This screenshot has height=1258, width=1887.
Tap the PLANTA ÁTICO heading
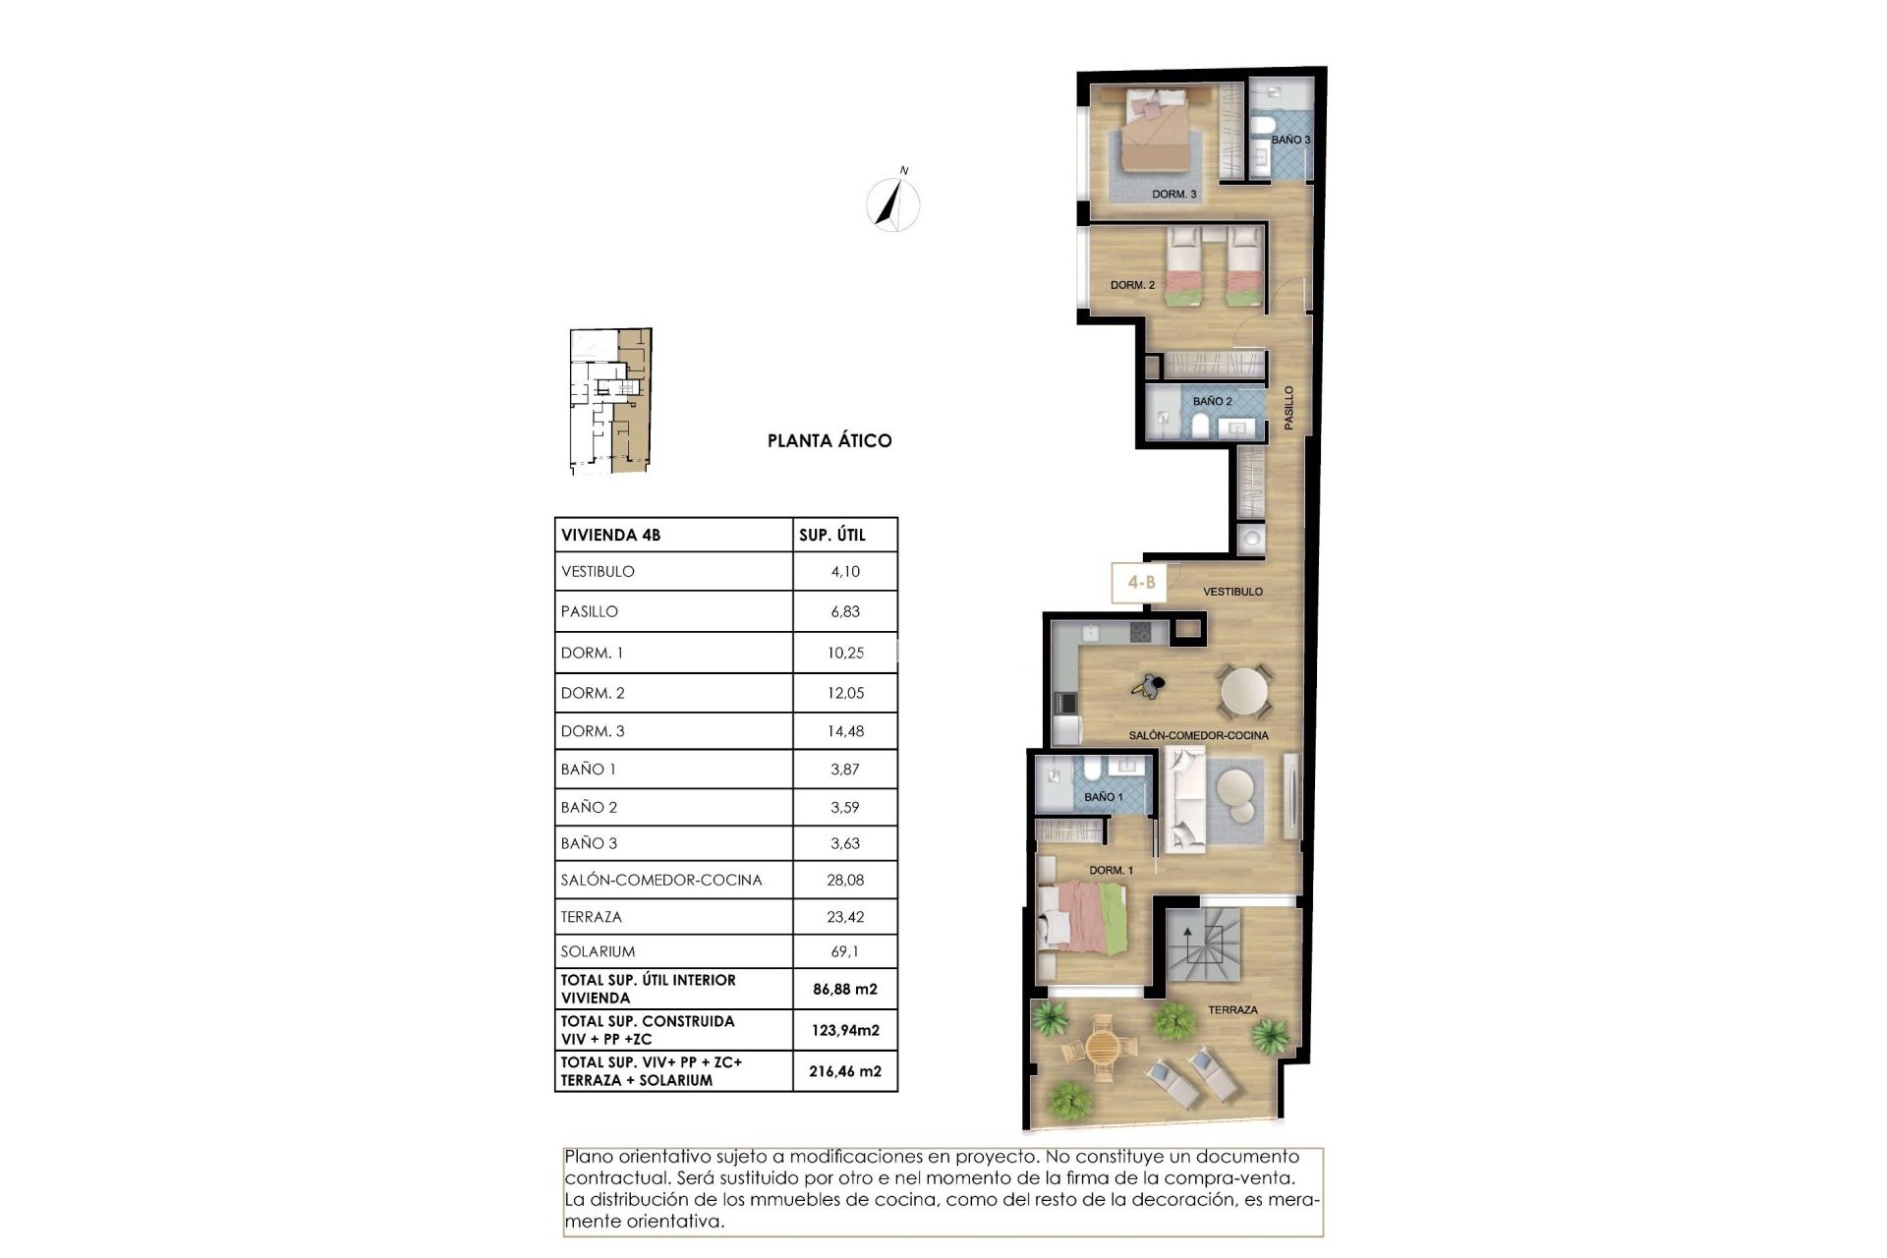coord(829,441)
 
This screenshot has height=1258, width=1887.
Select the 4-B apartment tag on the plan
coord(1140,582)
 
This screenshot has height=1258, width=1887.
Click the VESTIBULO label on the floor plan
coord(1232,592)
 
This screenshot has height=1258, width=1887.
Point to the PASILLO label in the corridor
coord(1289,407)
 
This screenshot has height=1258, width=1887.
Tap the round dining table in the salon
coord(1245,690)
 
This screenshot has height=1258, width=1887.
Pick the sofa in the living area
coord(1183,798)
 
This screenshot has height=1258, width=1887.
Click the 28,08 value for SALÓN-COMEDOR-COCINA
coord(845,880)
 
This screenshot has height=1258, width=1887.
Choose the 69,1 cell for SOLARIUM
coord(845,951)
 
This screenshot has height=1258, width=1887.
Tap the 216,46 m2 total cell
coord(845,1071)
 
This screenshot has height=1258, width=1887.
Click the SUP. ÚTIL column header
coord(832,536)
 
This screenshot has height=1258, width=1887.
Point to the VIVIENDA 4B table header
coord(610,536)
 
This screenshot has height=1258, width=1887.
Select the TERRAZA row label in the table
coord(592,917)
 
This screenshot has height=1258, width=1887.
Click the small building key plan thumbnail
coord(610,402)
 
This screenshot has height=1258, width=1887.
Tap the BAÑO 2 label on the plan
coord(1212,401)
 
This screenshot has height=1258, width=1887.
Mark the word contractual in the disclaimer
coord(617,1178)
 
